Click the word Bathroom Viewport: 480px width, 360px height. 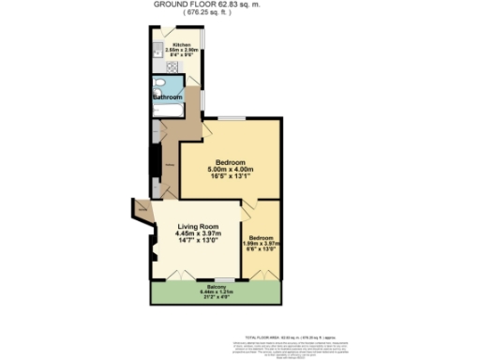(x=170, y=97)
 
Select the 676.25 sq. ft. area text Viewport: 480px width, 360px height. (x=217, y=14)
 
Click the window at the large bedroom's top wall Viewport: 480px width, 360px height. (x=232, y=119)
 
